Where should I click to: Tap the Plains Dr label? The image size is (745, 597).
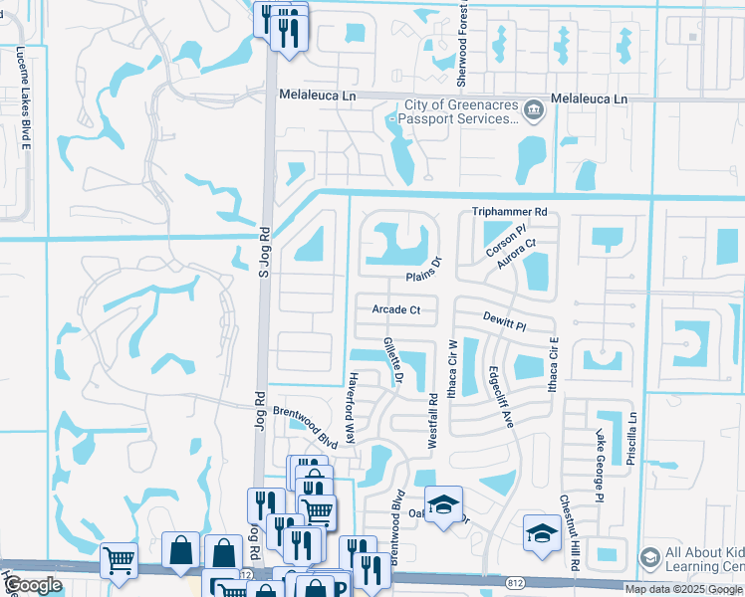(x=423, y=268)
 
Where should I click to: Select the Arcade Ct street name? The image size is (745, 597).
(x=396, y=310)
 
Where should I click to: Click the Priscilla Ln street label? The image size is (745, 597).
(x=631, y=440)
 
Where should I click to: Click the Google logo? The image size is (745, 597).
(x=33, y=585)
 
